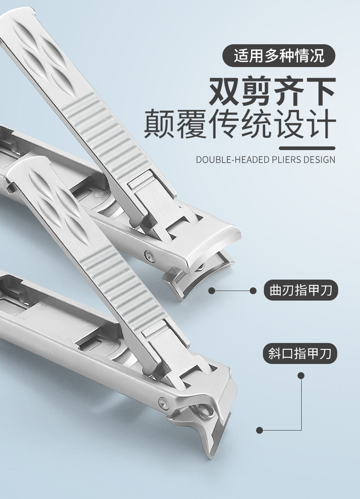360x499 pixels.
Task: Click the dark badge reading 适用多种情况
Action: click(x=278, y=55)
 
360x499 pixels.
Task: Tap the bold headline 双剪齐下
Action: click(x=272, y=91)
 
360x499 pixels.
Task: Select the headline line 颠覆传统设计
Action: click(x=240, y=124)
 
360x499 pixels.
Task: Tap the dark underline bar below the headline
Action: click(x=307, y=148)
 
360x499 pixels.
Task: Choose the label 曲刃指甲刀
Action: click(x=300, y=290)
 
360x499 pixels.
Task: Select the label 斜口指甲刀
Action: click(x=299, y=353)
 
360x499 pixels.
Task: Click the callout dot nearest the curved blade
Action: click(x=212, y=291)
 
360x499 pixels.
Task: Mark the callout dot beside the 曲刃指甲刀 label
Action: click(x=253, y=291)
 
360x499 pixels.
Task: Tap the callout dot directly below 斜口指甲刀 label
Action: click(x=301, y=376)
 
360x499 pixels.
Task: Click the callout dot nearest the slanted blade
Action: click(x=259, y=430)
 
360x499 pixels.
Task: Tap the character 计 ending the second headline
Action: click(x=322, y=124)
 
